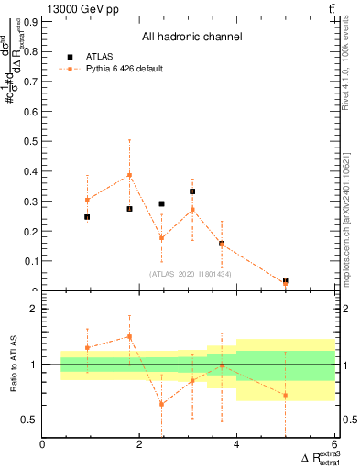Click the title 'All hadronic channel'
point(191,37)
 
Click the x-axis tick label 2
point(139,444)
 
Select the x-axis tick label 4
point(236,444)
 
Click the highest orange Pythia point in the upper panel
point(130,175)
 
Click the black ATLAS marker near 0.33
point(192,191)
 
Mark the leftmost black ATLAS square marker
point(87,217)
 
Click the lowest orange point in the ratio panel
point(161,404)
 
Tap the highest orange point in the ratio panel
point(130,336)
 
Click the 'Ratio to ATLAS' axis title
point(13,366)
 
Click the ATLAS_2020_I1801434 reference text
point(192,274)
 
